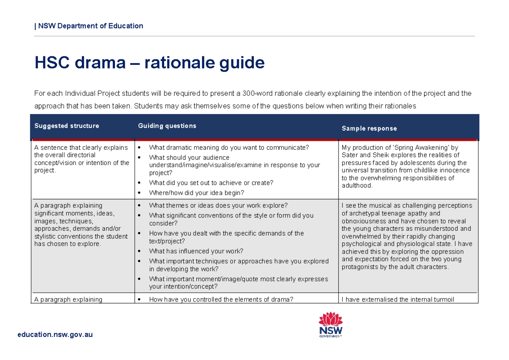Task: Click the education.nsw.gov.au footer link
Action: point(55,335)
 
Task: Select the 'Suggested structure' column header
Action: point(67,126)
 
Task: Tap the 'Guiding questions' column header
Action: point(167,126)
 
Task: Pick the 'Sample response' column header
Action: point(369,128)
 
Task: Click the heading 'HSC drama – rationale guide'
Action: point(149,63)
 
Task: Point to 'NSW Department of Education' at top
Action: point(90,26)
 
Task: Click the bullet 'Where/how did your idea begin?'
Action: point(196,193)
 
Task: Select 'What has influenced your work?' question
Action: point(196,251)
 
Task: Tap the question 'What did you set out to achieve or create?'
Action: point(211,183)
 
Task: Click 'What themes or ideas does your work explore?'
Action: point(218,206)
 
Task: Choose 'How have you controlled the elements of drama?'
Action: point(221,299)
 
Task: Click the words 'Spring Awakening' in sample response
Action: point(417,148)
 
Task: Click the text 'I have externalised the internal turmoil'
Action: point(397,299)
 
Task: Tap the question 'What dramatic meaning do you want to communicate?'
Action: point(229,148)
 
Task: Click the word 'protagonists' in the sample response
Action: point(360,267)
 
